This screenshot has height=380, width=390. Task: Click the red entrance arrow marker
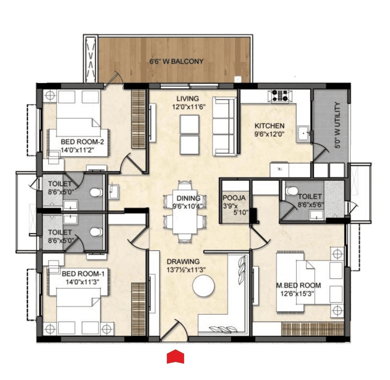175,357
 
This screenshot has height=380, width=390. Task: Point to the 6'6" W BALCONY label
176,62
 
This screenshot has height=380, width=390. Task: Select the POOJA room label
234,198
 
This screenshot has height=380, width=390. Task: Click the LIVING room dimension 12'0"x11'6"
189,107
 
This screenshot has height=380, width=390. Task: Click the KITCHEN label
269,126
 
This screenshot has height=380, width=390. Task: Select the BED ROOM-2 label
82,142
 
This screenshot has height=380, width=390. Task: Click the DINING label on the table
188,198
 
